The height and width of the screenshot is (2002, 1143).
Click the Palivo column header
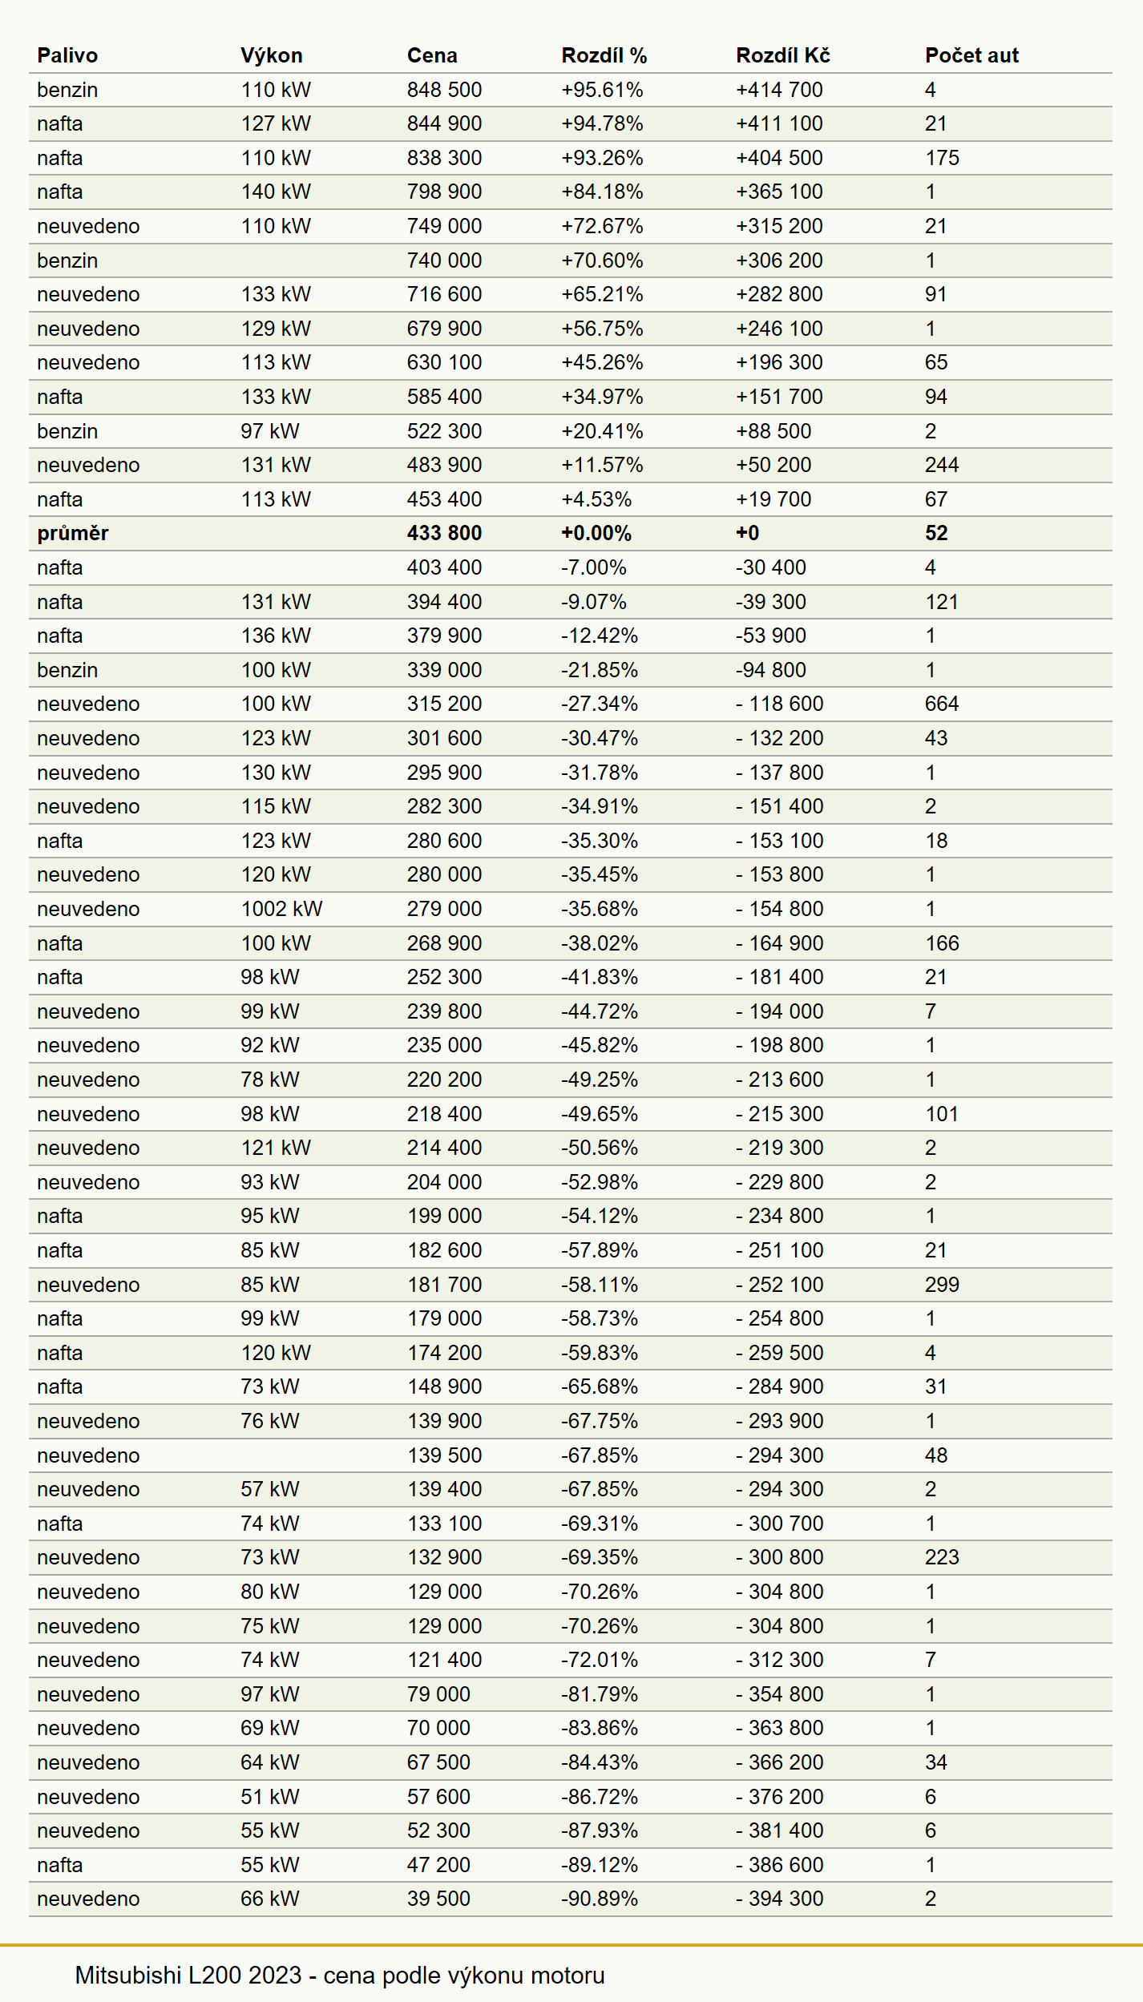point(67,55)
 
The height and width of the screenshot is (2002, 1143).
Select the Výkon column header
point(272,55)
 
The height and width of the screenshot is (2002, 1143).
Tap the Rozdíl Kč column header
point(783,55)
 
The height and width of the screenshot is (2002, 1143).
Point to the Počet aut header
point(971,55)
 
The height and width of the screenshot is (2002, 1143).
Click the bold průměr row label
point(73,533)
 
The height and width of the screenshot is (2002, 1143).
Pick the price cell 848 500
point(444,90)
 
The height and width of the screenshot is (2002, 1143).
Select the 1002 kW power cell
point(281,909)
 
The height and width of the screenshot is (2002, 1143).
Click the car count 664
point(942,704)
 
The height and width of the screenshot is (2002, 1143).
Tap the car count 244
point(942,465)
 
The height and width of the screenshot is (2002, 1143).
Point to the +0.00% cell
point(596,533)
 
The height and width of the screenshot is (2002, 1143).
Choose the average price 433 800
point(444,533)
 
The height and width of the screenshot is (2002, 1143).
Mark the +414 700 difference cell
point(779,90)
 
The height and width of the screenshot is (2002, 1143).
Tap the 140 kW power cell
point(276,192)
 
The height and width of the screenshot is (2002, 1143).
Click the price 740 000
point(444,260)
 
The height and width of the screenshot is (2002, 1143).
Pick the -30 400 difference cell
point(771,567)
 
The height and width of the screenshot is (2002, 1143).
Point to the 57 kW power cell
point(270,1489)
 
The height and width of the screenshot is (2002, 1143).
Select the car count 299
point(942,1285)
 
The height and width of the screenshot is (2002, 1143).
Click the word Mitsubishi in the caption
point(128,1976)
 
